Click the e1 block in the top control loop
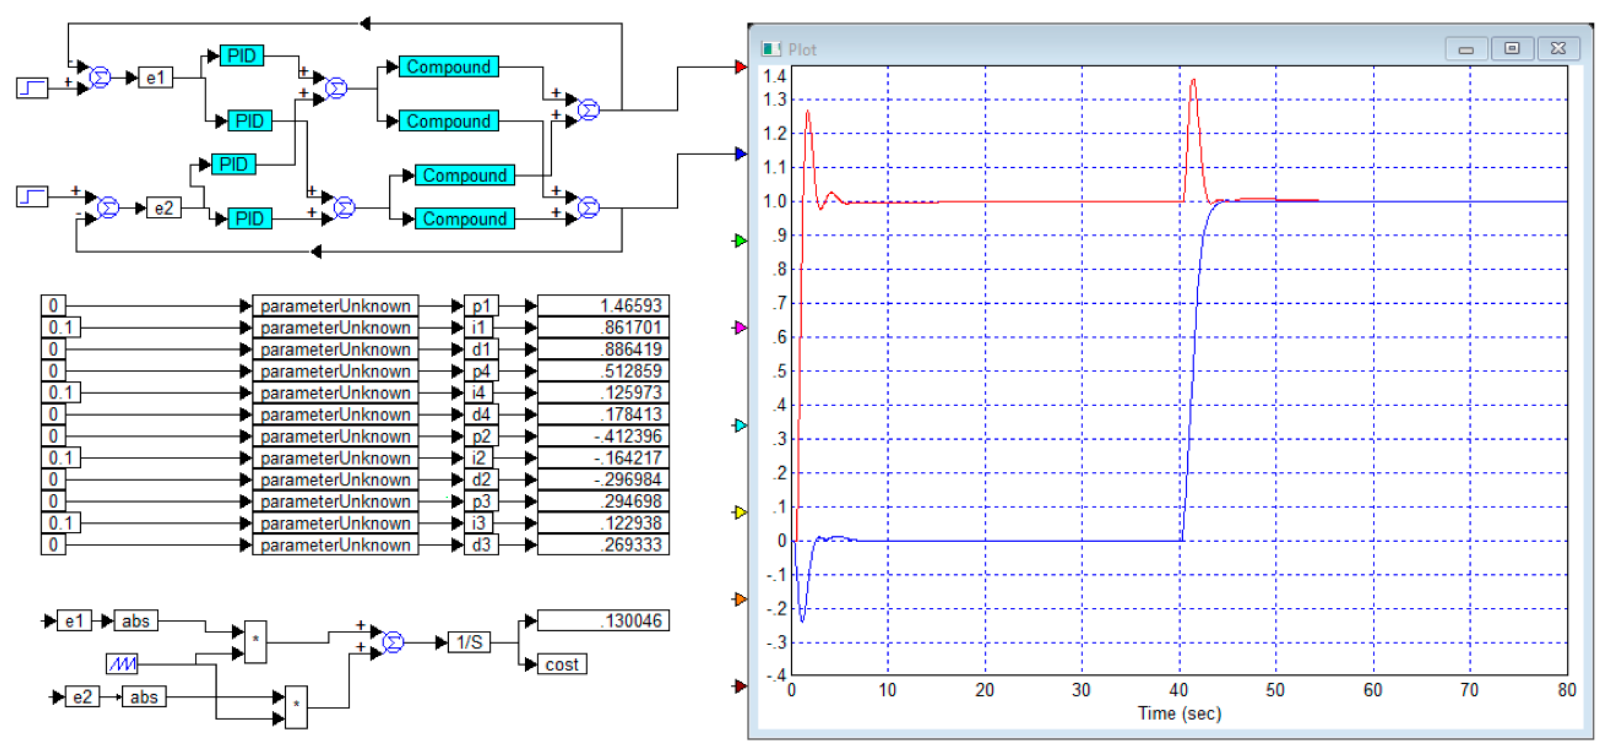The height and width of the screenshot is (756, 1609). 155,78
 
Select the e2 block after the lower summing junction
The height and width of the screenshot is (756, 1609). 164,208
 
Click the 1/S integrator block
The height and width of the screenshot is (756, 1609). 469,642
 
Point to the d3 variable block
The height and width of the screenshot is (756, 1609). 481,545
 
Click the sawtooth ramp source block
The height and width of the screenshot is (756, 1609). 122,664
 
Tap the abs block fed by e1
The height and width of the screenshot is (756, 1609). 135,621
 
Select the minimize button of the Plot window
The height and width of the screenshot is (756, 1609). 1466,49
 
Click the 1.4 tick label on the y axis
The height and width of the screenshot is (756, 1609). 775,77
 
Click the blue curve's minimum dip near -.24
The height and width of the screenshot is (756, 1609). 802,621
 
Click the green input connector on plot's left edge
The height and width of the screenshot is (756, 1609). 740,241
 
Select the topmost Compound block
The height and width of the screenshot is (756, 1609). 448,67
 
